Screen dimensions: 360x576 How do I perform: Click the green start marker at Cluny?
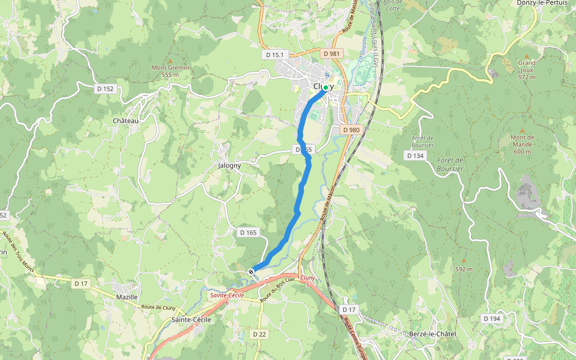click(326, 88)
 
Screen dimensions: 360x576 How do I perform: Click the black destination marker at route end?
click(251, 272)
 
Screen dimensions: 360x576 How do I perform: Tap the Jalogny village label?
click(230, 165)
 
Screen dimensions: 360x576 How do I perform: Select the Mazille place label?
click(127, 297)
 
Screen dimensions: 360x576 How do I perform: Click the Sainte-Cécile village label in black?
click(191, 320)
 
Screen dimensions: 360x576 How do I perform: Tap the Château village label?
click(125, 121)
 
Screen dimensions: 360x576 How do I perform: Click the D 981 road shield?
click(331, 53)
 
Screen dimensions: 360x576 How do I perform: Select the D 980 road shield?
click(352, 130)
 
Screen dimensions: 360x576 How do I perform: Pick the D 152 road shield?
click(104, 89)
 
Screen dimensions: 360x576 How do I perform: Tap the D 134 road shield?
click(415, 155)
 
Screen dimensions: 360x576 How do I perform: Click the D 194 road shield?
click(491, 319)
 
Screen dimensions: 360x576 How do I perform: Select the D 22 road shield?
click(259, 334)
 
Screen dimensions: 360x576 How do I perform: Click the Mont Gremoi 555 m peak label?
click(170, 71)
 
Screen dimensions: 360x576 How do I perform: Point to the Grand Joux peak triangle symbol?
click(527, 55)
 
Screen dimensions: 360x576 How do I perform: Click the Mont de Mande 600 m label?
click(522, 144)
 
